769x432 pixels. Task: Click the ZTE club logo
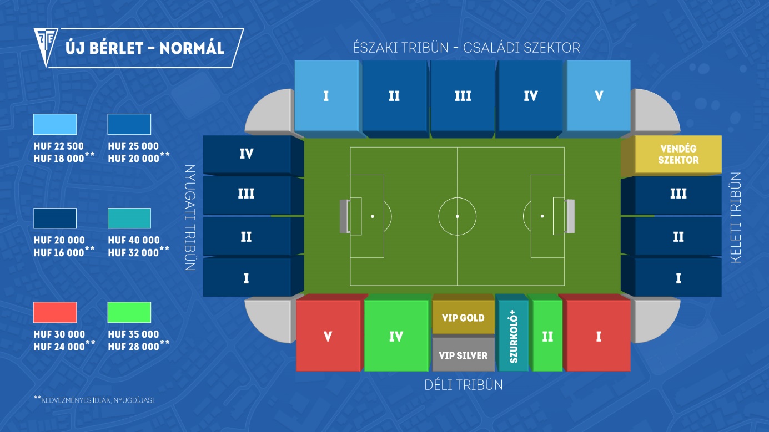[46, 46]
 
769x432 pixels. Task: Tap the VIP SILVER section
[463, 354]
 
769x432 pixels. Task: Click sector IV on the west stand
[253, 155]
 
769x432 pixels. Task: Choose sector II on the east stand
[671, 237]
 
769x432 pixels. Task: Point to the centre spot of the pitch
[458, 216]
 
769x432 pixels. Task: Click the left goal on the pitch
[345, 216]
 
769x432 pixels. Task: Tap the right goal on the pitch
[570, 216]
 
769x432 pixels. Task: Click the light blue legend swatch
[55, 124]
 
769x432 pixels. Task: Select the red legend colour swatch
[55, 312]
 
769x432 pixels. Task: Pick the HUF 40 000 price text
[134, 240]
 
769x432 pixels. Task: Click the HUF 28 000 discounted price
[134, 347]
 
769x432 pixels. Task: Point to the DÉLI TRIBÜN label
[464, 385]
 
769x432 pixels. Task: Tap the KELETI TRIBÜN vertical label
[736, 218]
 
